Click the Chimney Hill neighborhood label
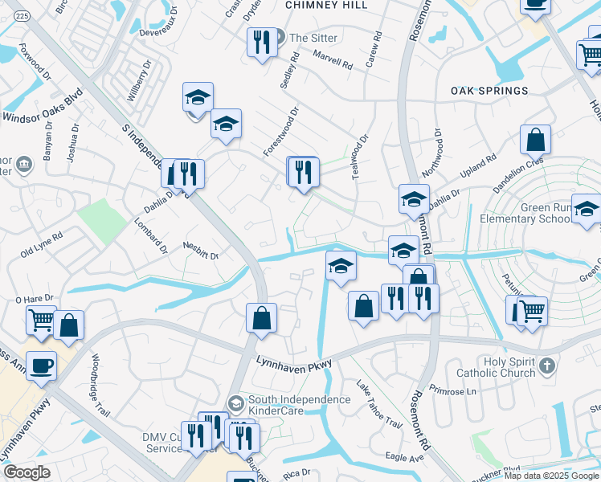(x=325, y=5)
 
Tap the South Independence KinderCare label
(x=300, y=405)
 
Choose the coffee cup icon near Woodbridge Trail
(x=41, y=366)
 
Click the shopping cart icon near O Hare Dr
(x=41, y=320)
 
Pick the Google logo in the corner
(x=27, y=472)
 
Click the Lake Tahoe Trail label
(x=378, y=403)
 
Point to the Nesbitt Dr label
(x=201, y=250)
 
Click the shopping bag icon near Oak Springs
(x=535, y=140)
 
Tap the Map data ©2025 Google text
(x=551, y=476)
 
